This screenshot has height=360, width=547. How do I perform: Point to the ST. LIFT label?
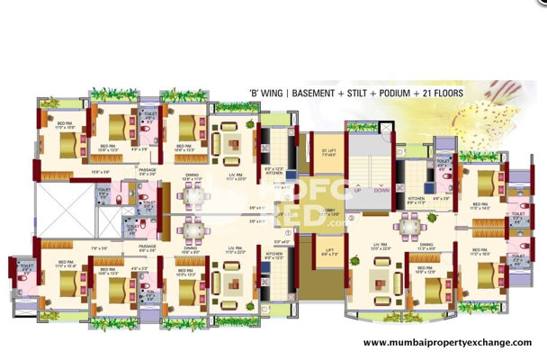tap(328, 149)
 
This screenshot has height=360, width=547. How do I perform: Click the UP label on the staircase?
tap(356, 190)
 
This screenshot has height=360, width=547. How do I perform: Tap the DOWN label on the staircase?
tap(381, 190)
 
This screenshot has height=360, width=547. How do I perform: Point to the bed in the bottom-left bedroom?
tap(63, 279)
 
